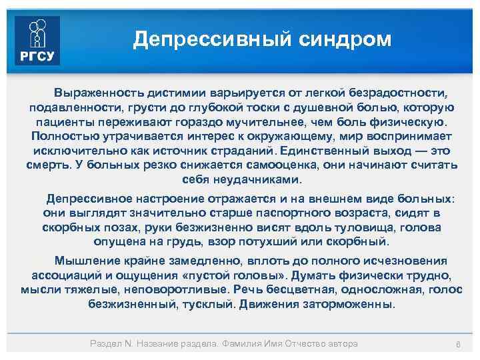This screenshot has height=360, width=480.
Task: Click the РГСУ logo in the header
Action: (x=37, y=41)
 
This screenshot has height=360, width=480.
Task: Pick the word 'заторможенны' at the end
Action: (x=355, y=304)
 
